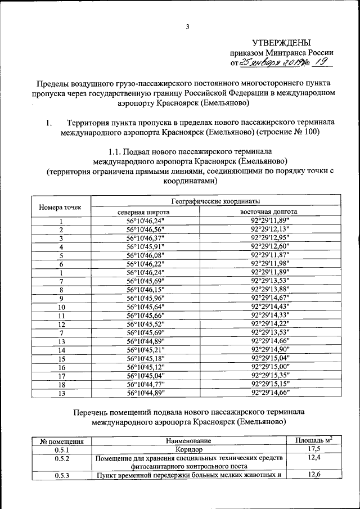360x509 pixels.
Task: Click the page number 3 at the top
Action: [x=188, y=26]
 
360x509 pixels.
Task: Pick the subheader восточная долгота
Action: [x=269, y=212]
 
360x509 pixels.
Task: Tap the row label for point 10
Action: [x=62, y=307]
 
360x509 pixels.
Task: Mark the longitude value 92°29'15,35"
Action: [x=270, y=375]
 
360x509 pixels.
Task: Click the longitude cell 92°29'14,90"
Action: [x=270, y=349]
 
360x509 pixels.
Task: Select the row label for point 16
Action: [x=62, y=367]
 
